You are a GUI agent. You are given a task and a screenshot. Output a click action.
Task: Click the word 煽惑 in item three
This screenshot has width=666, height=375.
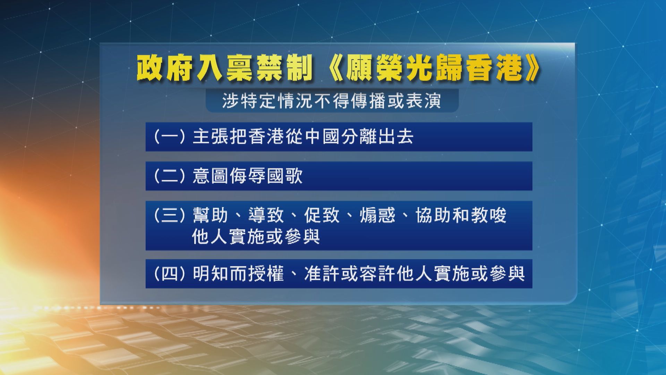(x=378, y=215)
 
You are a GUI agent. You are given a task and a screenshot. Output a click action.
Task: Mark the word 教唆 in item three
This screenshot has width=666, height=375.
(x=489, y=215)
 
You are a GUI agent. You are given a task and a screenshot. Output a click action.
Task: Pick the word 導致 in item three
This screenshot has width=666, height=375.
(x=266, y=215)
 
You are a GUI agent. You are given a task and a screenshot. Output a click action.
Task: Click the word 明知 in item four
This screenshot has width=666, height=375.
(x=211, y=274)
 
